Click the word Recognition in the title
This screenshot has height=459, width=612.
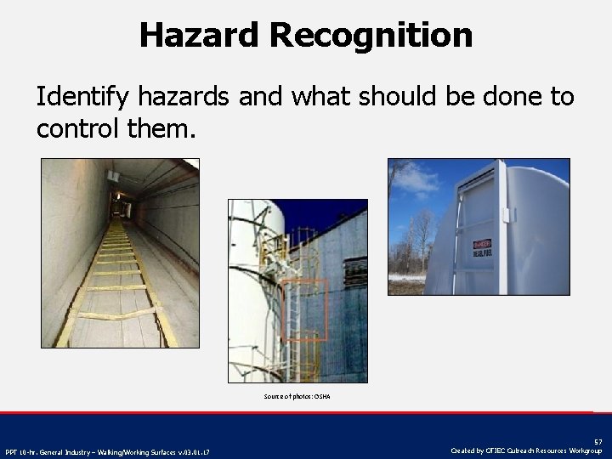371,36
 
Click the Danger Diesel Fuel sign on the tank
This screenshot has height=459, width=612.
482,245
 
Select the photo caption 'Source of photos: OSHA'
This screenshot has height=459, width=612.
297,397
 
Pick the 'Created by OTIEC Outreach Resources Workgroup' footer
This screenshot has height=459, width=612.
527,450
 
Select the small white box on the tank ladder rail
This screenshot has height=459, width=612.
508,213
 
